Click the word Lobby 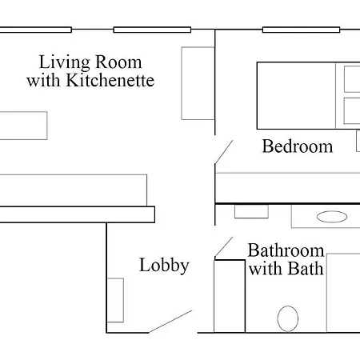164,266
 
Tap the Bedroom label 298,146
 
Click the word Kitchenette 110,80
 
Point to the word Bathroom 286,250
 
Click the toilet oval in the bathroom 288,318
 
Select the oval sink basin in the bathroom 332,217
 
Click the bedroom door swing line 224,152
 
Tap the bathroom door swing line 224,247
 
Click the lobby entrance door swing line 170,322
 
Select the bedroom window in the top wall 301,30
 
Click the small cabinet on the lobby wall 115,300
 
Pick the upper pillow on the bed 352,79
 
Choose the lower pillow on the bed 352,111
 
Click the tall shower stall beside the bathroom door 230,296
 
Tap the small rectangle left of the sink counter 251,211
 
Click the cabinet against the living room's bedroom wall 198,83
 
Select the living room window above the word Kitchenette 152,30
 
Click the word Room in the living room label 118,62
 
